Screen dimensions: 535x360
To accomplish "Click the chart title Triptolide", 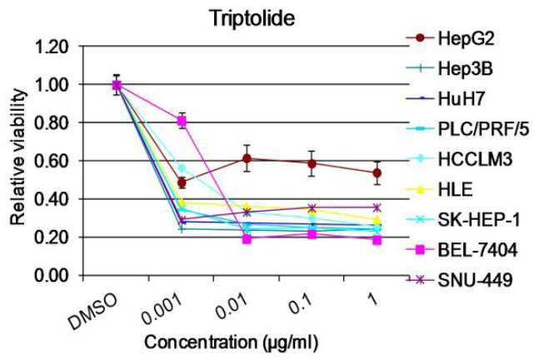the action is click(x=252, y=18).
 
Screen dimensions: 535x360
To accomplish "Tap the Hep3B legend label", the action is click(x=465, y=69).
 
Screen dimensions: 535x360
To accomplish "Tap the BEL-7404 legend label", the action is click(x=477, y=251).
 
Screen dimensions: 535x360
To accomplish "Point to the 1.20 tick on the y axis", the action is click(x=52, y=46).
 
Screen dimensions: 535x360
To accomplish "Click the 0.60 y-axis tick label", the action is click(x=52, y=161).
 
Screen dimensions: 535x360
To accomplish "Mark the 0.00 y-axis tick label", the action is click(x=52, y=275).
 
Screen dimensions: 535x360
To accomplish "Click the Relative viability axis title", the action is click(x=17, y=157).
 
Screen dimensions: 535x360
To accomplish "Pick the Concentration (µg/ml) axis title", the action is click(x=231, y=342).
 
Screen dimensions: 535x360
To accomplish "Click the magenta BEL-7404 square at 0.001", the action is click(x=182, y=121).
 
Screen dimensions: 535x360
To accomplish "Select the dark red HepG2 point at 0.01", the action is click(x=247, y=158).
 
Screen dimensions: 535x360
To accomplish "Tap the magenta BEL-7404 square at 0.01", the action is click(x=247, y=239).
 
